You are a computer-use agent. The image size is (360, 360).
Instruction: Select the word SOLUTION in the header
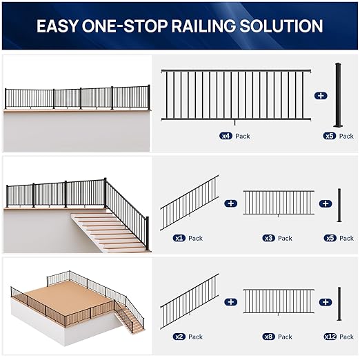click(x=289, y=26)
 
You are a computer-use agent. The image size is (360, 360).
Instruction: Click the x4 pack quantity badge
click(x=225, y=137)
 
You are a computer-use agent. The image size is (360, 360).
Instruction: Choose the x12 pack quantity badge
click(x=330, y=337)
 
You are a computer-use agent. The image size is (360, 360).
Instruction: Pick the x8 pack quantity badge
click(x=268, y=337)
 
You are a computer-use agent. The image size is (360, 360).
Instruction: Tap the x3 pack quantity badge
click(x=268, y=238)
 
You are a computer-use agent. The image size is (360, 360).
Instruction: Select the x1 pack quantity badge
click(x=179, y=238)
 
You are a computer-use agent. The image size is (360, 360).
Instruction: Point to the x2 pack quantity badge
click(x=179, y=337)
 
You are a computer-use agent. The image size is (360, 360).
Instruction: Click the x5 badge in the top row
click(x=330, y=137)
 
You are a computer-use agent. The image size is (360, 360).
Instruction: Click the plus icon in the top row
click(x=320, y=96)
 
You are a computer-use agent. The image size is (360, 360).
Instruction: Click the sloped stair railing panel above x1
click(x=190, y=202)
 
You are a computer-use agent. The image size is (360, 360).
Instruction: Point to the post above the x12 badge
click(x=339, y=303)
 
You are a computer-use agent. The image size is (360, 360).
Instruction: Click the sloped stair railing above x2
click(x=190, y=301)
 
